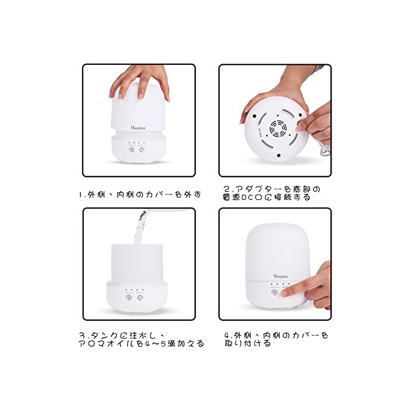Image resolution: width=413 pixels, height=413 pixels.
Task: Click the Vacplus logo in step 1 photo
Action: [x=138, y=128]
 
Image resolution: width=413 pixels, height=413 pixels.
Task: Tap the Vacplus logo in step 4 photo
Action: [x=280, y=276]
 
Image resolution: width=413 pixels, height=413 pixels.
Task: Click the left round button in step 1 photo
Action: [x=131, y=150]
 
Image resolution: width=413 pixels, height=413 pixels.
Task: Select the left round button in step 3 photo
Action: [x=129, y=297]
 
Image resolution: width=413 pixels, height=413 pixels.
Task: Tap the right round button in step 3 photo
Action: [x=140, y=297]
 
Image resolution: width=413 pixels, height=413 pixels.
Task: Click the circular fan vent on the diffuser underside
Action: [x=278, y=128]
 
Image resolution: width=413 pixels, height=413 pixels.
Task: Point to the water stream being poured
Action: [x=140, y=227]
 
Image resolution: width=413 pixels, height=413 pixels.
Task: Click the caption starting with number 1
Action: [x=140, y=194]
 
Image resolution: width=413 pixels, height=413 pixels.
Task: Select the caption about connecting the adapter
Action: [x=271, y=193]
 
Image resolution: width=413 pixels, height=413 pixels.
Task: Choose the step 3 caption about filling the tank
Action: [x=142, y=339]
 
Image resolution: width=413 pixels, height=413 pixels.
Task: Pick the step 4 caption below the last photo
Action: [x=276, y=339]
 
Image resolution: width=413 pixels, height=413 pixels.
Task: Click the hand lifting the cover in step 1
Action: [x=139, y=81]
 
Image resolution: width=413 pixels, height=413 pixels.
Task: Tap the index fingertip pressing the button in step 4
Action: [x=284, y=293]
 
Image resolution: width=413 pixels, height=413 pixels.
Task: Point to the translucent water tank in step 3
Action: [x=137, y=263]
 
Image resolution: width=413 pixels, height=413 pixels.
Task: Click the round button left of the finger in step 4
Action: [x=274, y=293]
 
